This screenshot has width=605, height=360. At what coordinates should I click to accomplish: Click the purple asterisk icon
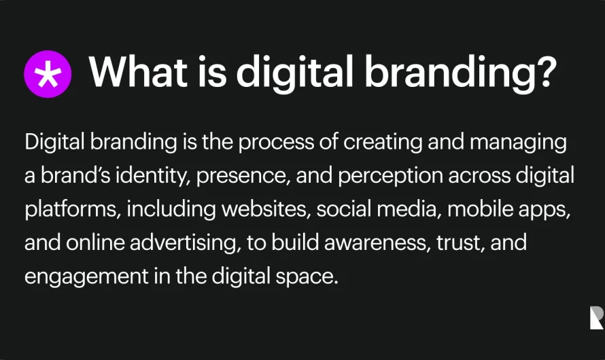(x=48, y=75)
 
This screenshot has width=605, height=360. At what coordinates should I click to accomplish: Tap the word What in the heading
(x=135, y=72)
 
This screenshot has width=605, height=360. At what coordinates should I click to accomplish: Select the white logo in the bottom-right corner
(x=596, y=318)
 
